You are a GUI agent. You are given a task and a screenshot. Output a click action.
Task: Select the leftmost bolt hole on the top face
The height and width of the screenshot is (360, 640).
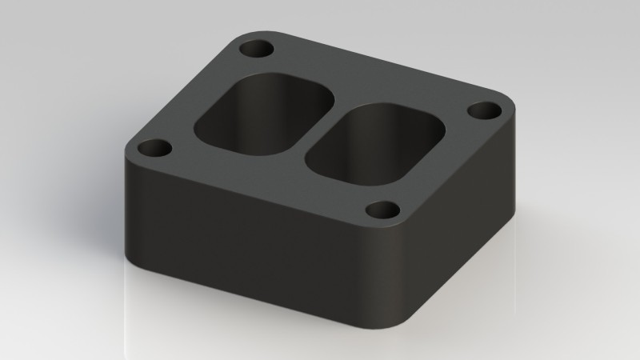pyautogui.click(x=155, y=148)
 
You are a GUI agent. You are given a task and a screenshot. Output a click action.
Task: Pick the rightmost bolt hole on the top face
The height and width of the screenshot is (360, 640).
pyautogui.click(x=483, y=110)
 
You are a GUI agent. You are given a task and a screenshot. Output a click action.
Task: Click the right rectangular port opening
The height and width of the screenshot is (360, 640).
pyautogui.click(x=376, y=144)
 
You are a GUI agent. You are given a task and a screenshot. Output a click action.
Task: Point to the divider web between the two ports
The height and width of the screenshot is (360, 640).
pyautogui.click(x=318, y=128)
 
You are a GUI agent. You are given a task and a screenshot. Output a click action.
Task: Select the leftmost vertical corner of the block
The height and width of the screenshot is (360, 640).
pyautogui.click(x=128, y=200)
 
